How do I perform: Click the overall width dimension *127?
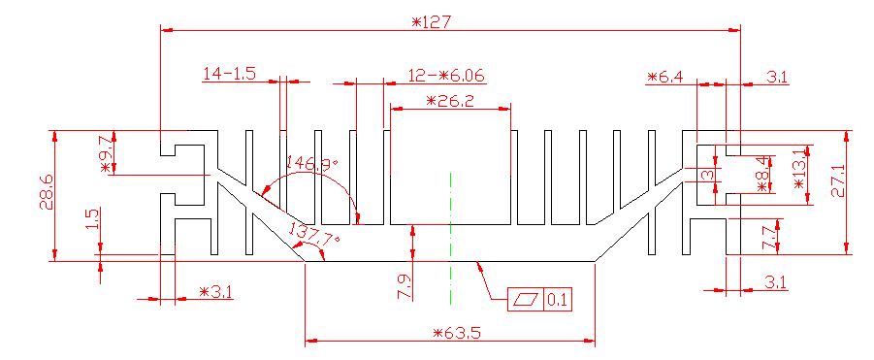[x=431, y=22]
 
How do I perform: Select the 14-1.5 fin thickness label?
[x=229, y=74]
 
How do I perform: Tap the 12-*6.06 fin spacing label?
[x=446, y=76]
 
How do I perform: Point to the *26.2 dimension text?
[x=449, y=101]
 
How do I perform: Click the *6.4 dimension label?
[x=665, y=77]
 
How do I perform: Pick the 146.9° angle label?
[x=312, y=164]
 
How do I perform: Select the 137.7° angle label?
[x=314, y=233]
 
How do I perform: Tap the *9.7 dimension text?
[x=108, y=153]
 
